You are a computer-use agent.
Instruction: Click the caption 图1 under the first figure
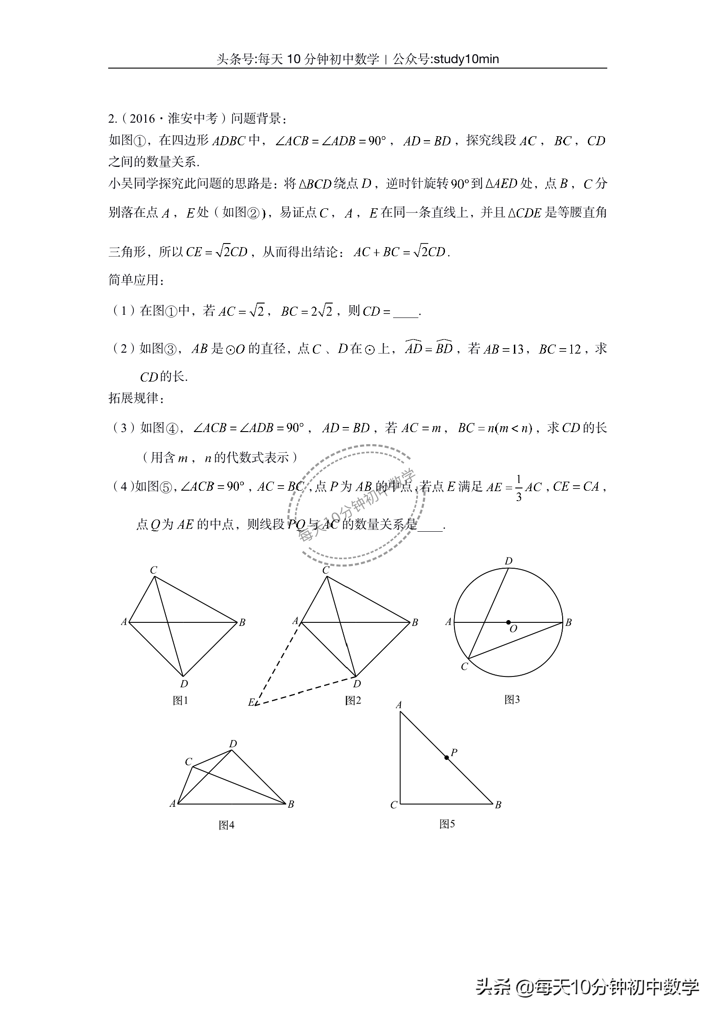(180, 700)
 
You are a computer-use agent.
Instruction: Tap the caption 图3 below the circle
(512, 699)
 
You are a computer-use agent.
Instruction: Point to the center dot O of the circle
(509, 622)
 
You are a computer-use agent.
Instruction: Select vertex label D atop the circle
(509, 561)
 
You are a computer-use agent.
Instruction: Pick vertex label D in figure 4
(233, 744)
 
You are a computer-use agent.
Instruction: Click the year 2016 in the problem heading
(142, 119)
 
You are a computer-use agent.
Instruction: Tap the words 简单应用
(134, 280)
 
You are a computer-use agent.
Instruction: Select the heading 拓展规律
(134, 398)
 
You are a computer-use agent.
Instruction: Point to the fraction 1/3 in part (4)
(518, 488)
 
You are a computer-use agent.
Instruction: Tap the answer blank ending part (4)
(431, 525)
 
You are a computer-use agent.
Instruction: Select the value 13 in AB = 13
(518, 350)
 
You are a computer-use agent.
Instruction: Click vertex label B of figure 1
(242, 622)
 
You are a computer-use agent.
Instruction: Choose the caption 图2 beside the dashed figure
(353, 700)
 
